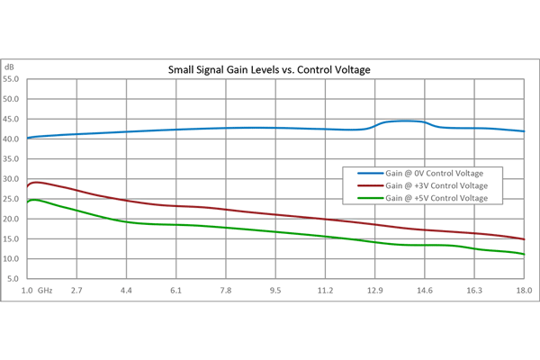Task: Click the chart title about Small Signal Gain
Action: (x=270, y=69)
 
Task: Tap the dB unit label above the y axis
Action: (x=9, y=67)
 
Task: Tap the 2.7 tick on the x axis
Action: (x=77, y=291)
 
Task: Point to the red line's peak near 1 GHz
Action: (x=36, y=182)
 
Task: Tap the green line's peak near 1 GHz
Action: (x=34, y=200)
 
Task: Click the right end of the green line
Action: (x=524, y=254)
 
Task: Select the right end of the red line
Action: (x=524, y=239)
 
